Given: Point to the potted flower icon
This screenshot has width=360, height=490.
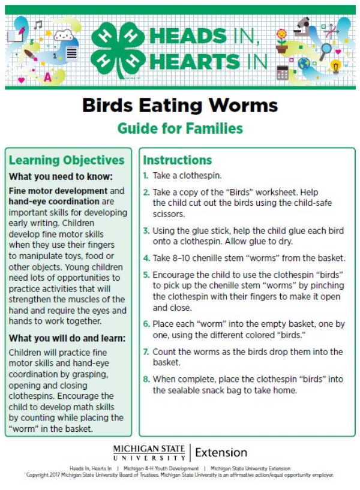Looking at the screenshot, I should pyautogui.click(x=281, y=41).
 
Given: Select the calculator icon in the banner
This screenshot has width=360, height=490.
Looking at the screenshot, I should pyautogui.click(x=282, y=72).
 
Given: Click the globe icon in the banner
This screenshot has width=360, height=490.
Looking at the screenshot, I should pyautogui.click(x=304, y=63).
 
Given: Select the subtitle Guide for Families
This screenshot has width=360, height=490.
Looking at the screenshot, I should pyautogui.click(x=180, y=128).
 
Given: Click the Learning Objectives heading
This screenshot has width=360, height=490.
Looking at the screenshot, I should pyautogui.click(x=67, y=160).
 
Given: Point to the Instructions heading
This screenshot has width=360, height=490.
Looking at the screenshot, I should pyautogui.click(x=177, y=160).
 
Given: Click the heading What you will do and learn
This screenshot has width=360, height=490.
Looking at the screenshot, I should pyautogui.click(x=67, y=338).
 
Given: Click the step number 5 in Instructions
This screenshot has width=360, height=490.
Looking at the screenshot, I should pyautogui.click(x=146, y=275).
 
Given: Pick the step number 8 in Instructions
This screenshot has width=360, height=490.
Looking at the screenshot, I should pyautogui.click(x=146, y=379).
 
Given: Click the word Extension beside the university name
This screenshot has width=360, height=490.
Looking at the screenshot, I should pyautogui.click(x=221, y=452).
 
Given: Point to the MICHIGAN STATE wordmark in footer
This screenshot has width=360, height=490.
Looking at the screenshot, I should pyautogui.click(x=149, y=449).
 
